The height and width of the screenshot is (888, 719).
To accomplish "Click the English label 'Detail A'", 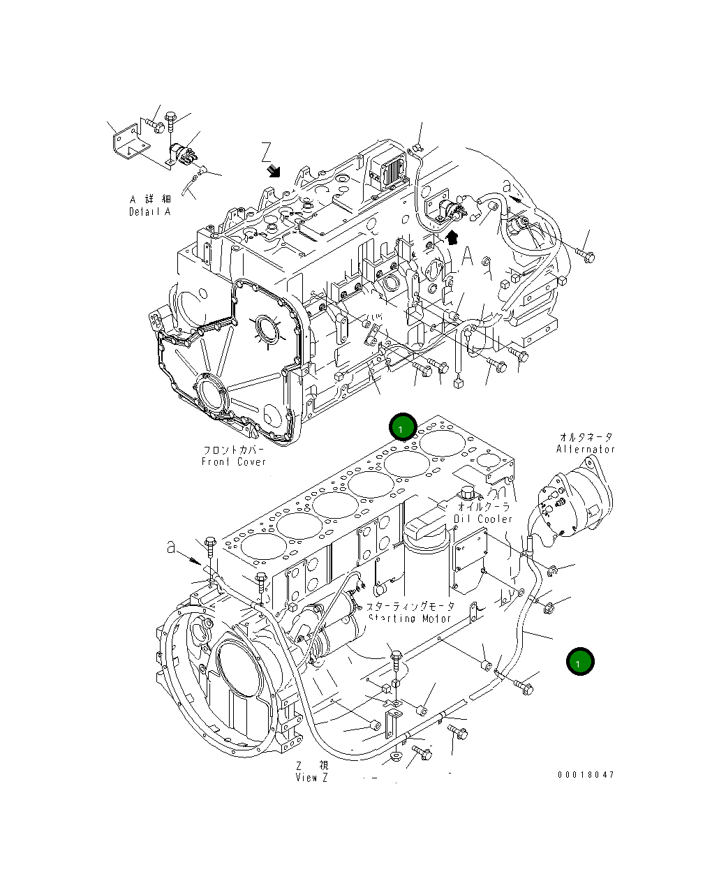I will point(149,212).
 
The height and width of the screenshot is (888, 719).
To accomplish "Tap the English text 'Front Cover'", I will point(234,462).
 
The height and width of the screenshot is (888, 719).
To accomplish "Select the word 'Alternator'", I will point(585,449).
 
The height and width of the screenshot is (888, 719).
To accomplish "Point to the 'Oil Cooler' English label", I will point(482,519).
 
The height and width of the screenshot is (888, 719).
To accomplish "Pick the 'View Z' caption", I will point(311,778).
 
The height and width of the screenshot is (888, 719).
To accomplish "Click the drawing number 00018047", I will point(586,775).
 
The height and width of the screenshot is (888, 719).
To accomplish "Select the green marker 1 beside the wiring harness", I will point(580,661).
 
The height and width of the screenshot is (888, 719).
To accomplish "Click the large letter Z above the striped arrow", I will point(266,151).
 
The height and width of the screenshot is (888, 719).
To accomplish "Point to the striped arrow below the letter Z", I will point(274,170).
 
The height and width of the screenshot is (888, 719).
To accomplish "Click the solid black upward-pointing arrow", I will point(452,237).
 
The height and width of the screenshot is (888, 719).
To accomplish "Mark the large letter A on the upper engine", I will point(468,257).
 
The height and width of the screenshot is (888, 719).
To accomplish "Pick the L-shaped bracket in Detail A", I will point(129,142).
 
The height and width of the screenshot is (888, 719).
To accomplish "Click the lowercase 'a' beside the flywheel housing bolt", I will point(171,548).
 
